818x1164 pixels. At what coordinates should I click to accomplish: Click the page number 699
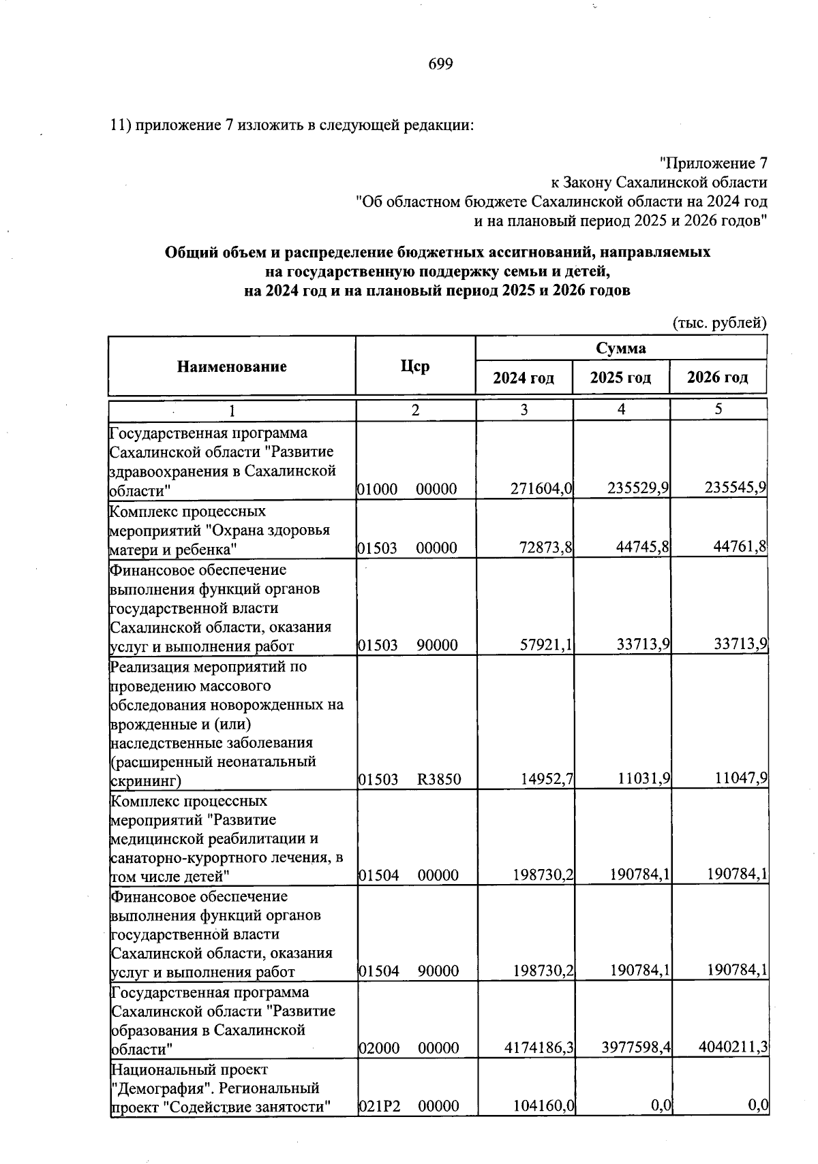click(x=440, y=64)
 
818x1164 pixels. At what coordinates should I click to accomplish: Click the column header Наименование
click(x=232, y=366)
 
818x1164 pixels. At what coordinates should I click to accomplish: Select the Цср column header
click(x=415, y=366)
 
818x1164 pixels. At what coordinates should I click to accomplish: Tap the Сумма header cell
click(x=621, y=348)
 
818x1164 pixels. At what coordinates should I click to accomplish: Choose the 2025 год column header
click(x=620, y=377)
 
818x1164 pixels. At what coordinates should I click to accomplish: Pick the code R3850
click(x=439, y=779)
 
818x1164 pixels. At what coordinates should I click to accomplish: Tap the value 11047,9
click(x=738, y=778)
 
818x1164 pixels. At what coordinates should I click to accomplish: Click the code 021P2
click(x=378, y=1106)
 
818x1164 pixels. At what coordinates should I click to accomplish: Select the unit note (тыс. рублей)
click(x=720, y=323)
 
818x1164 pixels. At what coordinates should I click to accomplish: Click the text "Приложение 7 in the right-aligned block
click(x=714, y=163)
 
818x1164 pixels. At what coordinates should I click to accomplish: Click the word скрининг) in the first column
click(x=145, y=780)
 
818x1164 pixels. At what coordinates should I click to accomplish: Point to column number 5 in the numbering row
click(x=718, y=409)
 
